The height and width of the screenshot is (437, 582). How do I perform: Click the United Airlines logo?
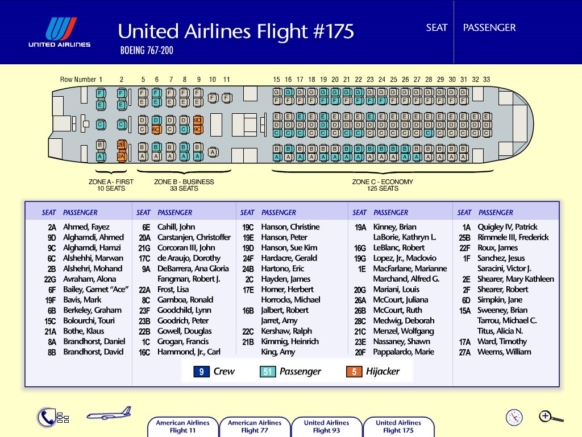[x=59, y=32]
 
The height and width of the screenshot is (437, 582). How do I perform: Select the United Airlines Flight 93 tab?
[x=326, y=427]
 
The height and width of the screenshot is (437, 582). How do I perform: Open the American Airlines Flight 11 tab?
[x=182, y=427]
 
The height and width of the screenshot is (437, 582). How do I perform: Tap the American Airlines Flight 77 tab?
[x=255, y=427]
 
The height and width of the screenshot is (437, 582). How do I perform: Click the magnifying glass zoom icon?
[x=551, y=417]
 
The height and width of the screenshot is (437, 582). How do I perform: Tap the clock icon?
[x=514, y=417]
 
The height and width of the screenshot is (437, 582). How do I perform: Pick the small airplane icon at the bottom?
[x=109, y=413]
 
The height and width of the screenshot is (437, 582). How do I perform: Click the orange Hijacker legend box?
[x=354, y=372]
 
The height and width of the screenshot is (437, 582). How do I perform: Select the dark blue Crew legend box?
[x=202, y=372]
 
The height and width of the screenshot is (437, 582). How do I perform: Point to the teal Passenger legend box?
[x=268, y=372]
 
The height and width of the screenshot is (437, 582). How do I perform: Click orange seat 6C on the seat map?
[x=157, y=130]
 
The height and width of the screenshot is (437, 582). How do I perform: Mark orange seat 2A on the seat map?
[x=122, y=157]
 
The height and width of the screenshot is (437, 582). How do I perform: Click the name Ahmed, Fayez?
[x=86, y=226]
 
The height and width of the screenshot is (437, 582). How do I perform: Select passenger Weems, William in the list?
[x=504, y=352]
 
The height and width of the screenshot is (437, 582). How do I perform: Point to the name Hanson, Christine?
[x=290, y=226]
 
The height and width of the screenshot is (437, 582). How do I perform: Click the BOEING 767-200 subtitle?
[x=147, y=50]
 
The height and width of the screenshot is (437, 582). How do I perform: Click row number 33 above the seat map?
[x=487, y=80]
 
